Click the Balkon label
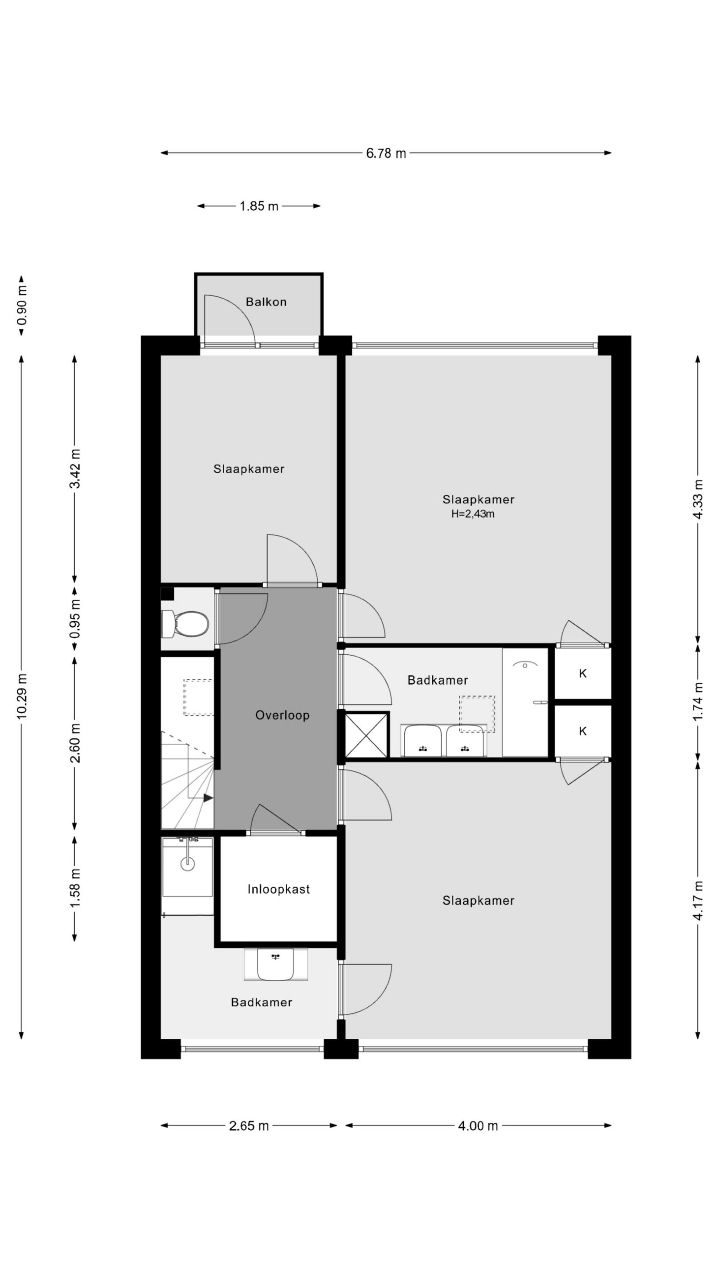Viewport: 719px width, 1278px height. [x=266, y=302]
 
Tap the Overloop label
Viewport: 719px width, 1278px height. [x=282, y=715]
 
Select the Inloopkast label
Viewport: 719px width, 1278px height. [x=278, y=889]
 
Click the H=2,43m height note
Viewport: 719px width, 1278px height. [x=472, y=514]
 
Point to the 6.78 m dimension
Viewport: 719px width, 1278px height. [x=385, y=153]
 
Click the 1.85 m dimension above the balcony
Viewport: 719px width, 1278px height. [x=259, y=206]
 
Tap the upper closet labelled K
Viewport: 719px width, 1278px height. [x=583, y=673]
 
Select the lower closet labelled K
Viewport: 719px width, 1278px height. [x=583, y=731]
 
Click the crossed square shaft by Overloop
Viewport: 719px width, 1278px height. [x=366, y=735]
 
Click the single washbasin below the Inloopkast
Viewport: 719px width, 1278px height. [x=275, y=963]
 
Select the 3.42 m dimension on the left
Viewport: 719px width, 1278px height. [x=75, y=468]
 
